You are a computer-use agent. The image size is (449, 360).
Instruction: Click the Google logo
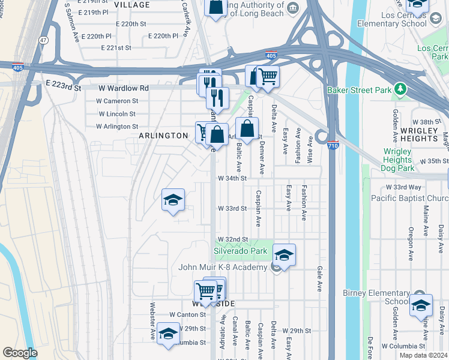click(x=20, y=353)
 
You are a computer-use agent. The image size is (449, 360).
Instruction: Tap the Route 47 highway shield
click(x=43, y=40)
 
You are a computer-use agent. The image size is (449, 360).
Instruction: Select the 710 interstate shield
click(x=333, y=145)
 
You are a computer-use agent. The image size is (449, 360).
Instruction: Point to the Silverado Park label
click(x=240, y=251)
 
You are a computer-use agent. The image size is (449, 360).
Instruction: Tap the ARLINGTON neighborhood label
click(x=163, y=136)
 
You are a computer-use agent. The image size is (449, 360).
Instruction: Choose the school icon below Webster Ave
click(x=168, y=334)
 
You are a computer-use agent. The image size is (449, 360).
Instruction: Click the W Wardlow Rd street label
click(x=123, y=88)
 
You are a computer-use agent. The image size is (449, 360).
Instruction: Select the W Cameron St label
click(x=118, y=101)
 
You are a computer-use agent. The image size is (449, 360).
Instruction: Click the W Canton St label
click(x=187, y=314)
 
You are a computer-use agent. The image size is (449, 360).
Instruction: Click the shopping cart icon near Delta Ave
click(x=267, y=76)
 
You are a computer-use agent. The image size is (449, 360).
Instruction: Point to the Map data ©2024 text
click(x=423, y=355)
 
